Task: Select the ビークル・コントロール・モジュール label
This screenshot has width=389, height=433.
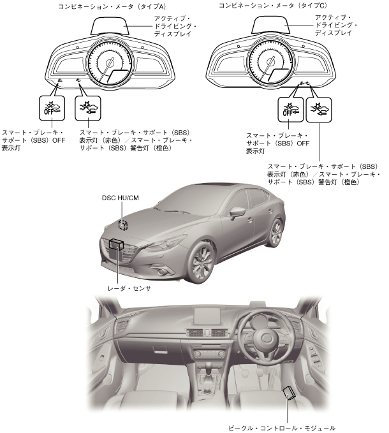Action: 281,428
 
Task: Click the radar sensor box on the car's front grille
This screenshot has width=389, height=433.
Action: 117,242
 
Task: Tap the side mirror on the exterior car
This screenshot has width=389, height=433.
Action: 237,211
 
